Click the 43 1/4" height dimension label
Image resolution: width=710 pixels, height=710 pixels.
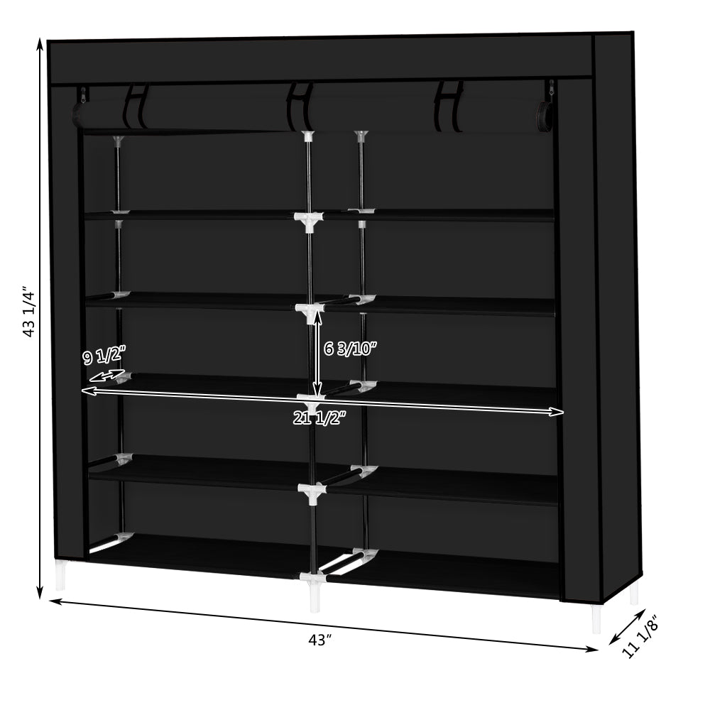coord(29,312)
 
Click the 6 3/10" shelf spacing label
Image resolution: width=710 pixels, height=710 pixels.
coord(350,348)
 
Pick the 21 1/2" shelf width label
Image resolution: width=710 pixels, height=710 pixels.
coord(319,419)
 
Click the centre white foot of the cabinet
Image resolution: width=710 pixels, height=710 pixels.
coord(314,599)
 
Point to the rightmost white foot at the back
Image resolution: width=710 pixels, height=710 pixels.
coord(634,591)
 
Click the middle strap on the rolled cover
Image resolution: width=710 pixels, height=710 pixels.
coord(301,107)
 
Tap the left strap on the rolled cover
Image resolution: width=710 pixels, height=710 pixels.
coord(136,106)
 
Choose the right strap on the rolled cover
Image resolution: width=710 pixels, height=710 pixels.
coord(449,106)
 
